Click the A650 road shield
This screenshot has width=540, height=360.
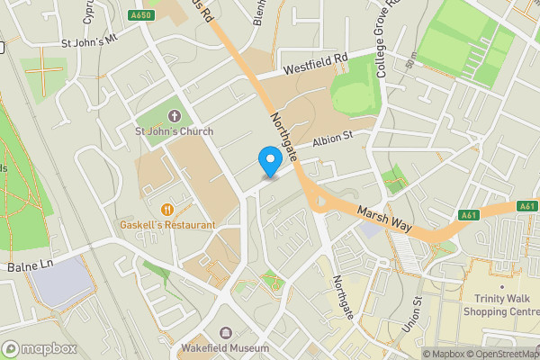[141, 15]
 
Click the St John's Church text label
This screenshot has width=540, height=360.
[175, 131]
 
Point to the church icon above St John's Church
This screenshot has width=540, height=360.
[174, 115]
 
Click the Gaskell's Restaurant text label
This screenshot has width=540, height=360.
[168, 224]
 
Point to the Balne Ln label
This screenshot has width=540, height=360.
[31, 266]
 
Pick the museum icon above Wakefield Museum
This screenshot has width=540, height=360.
[224, 333]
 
